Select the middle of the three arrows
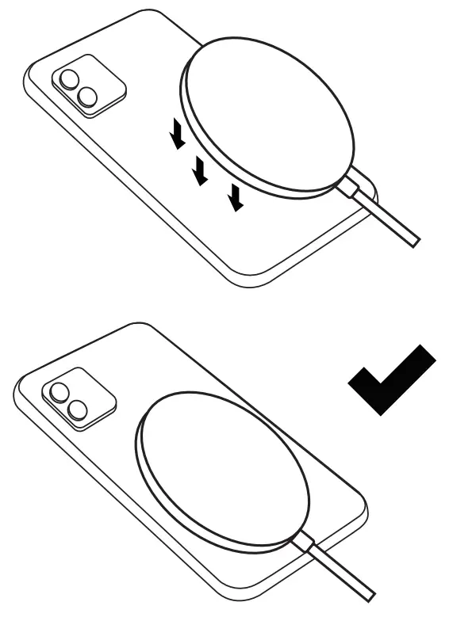point(201,169)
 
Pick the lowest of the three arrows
point(235,196)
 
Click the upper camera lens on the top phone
point(69,79)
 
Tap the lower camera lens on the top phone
point(87,97)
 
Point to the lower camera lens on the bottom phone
point(77,410)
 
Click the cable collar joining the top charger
point(355,191)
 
